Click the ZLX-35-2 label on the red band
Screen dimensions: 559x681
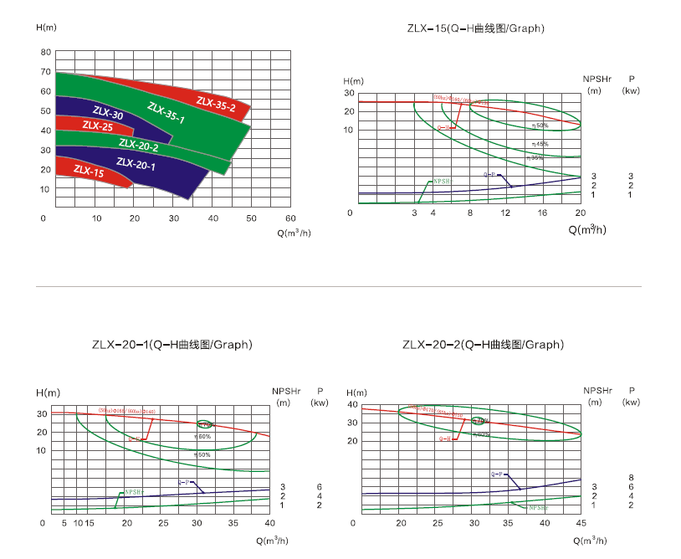(x=216, y=104)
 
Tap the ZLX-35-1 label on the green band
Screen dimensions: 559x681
(x=166, y=113)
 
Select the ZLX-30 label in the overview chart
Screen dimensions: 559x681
(x=108, y=114)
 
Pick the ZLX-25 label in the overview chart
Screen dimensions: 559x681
(x=97, y=127)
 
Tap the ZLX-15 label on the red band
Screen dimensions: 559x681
(x=89, y=172)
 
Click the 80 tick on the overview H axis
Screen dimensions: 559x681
(x=46, y=52)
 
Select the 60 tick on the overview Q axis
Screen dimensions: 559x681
(x=290, y=218)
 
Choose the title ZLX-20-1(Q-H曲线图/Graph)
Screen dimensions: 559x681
(x=172, y=345)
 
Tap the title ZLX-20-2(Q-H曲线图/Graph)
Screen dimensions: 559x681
(x=483, y=345)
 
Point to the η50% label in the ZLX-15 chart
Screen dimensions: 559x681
(x=540, y=125)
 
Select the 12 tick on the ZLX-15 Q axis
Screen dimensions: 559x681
(x=505, y=213)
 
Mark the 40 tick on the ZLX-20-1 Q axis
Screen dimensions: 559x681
(x=269, y=523)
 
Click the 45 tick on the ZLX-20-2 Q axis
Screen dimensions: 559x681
(x=581, y=523)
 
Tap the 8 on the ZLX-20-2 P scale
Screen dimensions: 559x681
(x=631, y=477)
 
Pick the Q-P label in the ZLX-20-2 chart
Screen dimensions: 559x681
(x=496, y=474)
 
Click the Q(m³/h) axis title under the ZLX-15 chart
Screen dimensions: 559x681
(x=587, y=228)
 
